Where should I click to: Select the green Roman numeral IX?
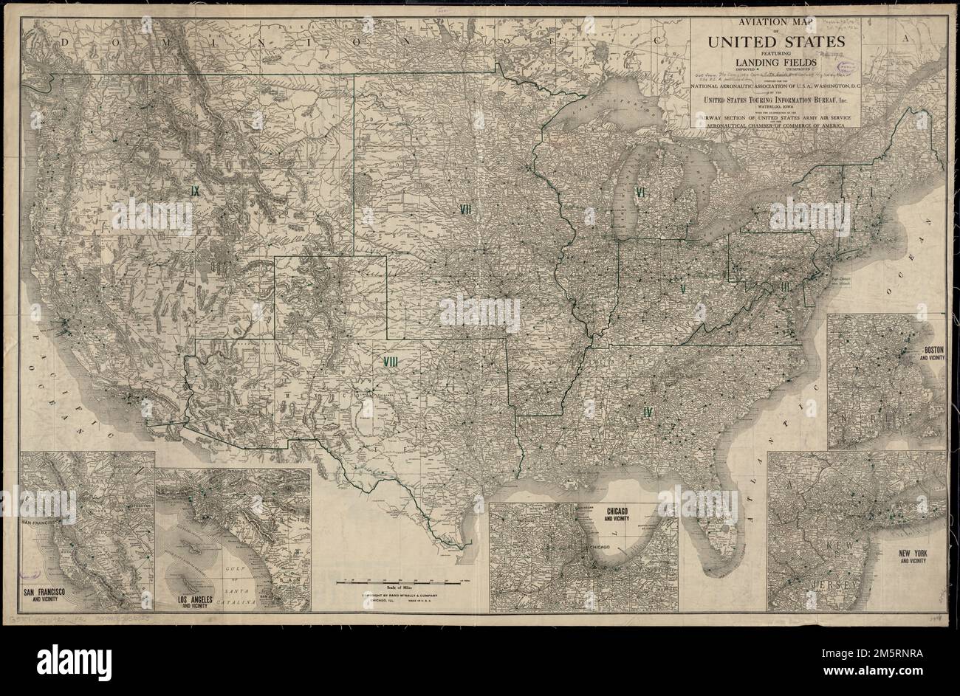pyautogui.click(x=195, y=190)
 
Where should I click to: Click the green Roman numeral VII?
pyautogui.click(x=466, y=209)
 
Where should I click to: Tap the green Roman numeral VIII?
pyautogui.click(x=391, y=362)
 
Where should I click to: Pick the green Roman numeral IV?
pyautogui.click(x=648, y=412)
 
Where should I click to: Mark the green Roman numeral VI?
pyautogui.click(x=642, y=193)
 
